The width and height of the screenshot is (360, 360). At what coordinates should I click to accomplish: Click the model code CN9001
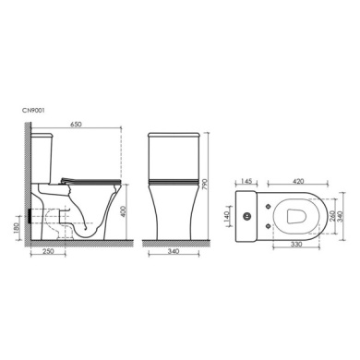point(33,111)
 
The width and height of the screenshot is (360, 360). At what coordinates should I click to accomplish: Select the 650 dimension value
point(76,124)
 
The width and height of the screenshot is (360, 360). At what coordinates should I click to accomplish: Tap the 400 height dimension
point(124,211)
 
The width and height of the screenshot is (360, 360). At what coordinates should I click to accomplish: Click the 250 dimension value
point(48,251)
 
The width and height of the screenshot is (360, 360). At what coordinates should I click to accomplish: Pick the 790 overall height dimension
point(206,185)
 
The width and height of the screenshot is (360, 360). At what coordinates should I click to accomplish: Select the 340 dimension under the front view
point(174,251)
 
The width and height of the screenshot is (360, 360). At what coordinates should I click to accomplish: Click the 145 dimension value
point(246,181)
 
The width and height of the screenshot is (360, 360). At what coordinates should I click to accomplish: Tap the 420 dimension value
point(298,181)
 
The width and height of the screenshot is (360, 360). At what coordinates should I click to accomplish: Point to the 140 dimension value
point(227,216)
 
